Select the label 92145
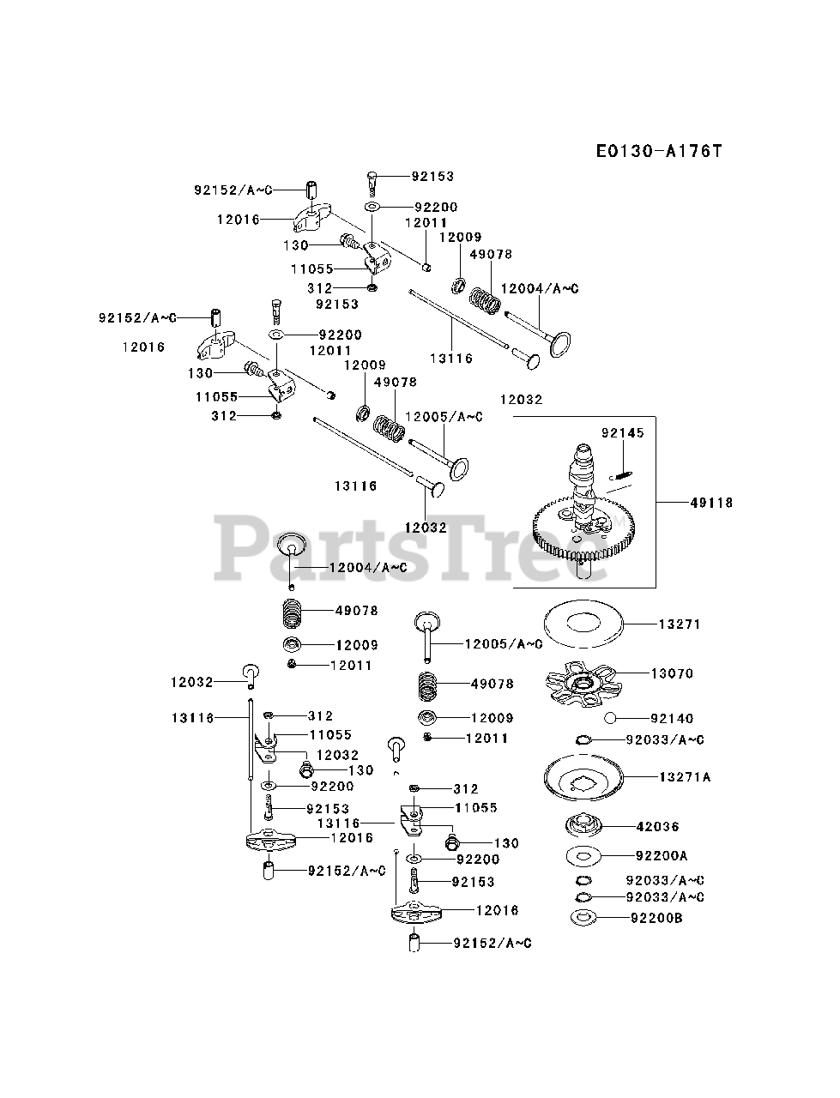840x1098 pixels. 622,433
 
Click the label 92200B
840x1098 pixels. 657,918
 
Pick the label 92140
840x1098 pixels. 672,718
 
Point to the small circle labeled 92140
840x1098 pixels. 610,718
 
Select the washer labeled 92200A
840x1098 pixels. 583,855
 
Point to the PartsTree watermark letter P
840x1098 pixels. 249,547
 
